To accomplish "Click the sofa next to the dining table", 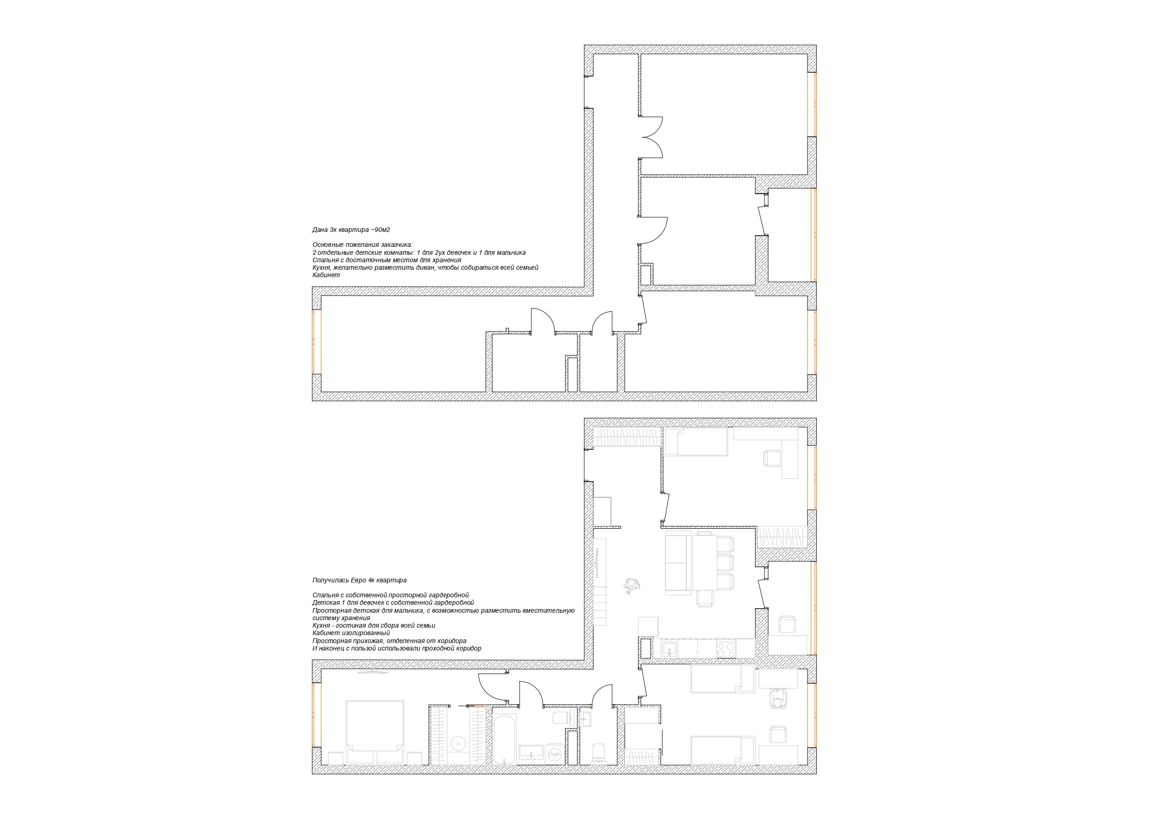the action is (678, 563).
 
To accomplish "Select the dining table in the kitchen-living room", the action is (705, 563).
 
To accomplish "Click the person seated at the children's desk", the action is (778, 700).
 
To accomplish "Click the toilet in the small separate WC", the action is (598, 753).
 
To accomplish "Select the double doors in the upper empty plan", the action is (651, 137).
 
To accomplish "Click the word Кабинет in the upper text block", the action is (326, 275).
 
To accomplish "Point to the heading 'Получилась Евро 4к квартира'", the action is (360, 581).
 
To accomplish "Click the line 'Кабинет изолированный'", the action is (351, 633).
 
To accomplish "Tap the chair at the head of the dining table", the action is (705, 598).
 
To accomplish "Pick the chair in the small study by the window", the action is (786, 624).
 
